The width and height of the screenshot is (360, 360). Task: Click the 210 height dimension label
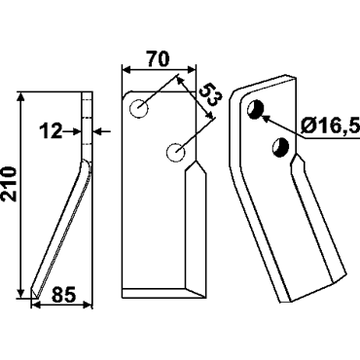(9, 184)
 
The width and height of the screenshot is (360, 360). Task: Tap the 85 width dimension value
(63, 295)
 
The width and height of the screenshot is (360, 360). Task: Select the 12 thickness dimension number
(51, 131)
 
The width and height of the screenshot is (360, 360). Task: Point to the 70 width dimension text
(159, 59)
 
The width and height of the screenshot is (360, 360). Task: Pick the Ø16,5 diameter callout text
(330, 126)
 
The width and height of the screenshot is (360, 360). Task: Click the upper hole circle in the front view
(139, 108)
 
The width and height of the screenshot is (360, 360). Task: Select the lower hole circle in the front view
(175, 152)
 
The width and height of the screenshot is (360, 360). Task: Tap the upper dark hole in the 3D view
(256, 109)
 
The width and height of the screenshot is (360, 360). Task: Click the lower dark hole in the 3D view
(281, 147)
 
